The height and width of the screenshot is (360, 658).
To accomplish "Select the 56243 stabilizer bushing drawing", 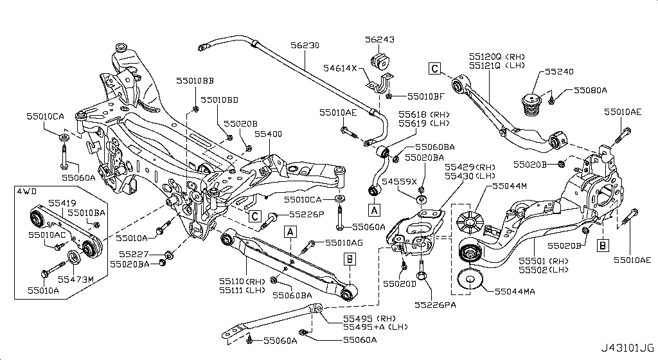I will (381, 62).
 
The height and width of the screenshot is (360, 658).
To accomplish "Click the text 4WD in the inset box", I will (26, 192).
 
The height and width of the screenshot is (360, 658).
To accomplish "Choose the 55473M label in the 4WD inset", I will (76, 280).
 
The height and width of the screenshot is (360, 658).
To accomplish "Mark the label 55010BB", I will (195, 80).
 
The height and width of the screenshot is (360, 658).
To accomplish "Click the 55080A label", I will (590, 91).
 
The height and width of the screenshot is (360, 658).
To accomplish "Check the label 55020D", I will (400, 283).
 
